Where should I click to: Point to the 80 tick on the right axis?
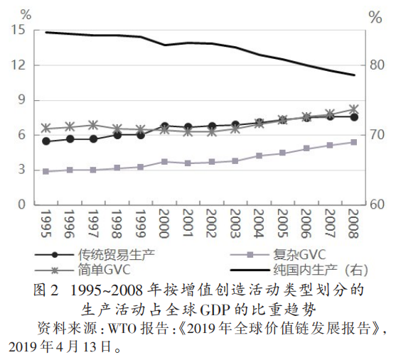coord(375,65)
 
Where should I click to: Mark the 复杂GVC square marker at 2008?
coord(353,142)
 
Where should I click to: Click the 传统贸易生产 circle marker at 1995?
coord(46,141)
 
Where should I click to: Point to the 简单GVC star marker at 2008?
coord(353,109)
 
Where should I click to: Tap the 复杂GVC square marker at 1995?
coord(46,171)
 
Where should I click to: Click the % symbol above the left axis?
coord(26,12)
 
